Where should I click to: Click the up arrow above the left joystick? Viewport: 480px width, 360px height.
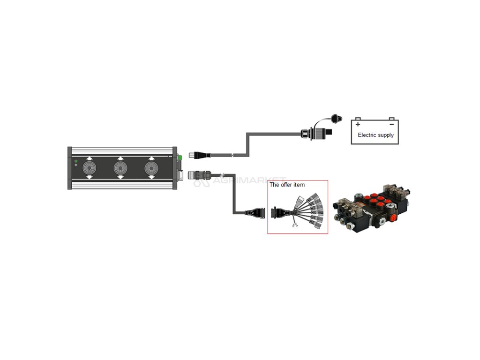click(x=89, y=158)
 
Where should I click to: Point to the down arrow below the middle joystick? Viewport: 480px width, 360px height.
click(x=120, y=177)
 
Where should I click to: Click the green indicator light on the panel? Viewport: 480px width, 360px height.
click(x=76, y=161)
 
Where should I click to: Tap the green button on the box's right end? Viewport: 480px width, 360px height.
click(x=180, y=157)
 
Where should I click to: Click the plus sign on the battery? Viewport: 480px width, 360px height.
click(x=358, y=124)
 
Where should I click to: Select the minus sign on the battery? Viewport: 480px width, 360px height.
click(x=391, y=124)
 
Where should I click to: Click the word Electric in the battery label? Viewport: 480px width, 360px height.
click(x=367, y=135)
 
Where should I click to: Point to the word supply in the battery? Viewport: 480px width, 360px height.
click(x=386, y=135)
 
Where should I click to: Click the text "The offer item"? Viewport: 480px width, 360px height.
click(x=287, y=185)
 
